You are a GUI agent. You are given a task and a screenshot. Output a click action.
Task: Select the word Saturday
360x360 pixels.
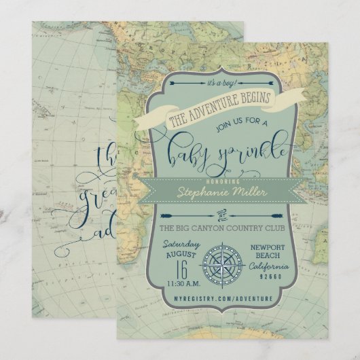[x=180, y=245]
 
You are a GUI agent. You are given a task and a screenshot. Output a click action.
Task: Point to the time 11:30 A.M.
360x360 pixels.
[x=179, y=283]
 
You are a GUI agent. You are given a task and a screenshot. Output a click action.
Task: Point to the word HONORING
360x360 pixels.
[x=218, y=181]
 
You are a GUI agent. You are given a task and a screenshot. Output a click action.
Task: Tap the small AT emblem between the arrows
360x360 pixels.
[x=219, y=214]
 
